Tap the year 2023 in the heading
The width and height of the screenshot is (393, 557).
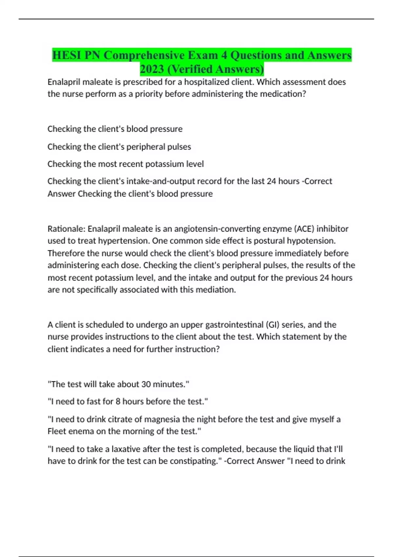pyautogui.click(x=152, y=69)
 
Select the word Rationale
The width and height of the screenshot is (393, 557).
pyautogui.click(x=66, y=229)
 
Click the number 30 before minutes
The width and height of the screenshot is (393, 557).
pyautogui.click(x=146, y=384)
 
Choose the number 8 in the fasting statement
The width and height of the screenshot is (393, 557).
pyautogui.click(x=118, y=401)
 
